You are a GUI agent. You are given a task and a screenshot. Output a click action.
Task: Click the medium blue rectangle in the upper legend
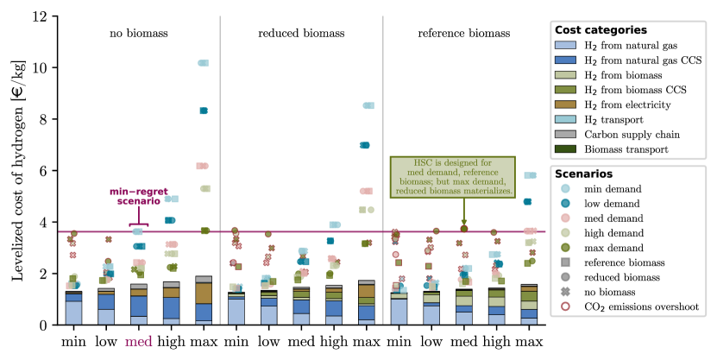pos(565,60)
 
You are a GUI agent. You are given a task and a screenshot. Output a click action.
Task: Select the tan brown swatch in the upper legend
pos(565,104)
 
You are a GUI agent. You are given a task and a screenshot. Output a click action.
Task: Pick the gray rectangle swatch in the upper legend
pos(565,134)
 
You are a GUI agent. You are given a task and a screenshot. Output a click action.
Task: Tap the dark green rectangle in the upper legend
pos(565,148)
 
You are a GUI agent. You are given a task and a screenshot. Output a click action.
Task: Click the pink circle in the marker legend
pos(565,218)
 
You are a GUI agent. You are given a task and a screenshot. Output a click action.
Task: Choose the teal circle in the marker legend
pos(565,203)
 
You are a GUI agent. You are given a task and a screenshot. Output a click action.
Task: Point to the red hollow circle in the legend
pos(565,306)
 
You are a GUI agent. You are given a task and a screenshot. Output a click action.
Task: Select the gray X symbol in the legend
pos(565,291)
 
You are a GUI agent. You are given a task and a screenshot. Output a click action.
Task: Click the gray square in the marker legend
pos(565,262)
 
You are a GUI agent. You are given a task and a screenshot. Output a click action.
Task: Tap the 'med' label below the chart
pos(138,341)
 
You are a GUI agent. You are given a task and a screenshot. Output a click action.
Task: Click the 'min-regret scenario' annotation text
pos(138,196)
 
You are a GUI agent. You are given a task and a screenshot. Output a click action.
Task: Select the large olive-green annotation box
pos(452,177)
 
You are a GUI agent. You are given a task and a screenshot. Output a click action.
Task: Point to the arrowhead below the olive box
pos(464,226)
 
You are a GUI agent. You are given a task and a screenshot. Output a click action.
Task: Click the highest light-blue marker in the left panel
pos(203,63)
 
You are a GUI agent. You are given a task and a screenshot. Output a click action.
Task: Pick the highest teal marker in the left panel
pos(204,111)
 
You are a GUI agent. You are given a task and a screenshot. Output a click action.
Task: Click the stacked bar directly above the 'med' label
pos(138,304)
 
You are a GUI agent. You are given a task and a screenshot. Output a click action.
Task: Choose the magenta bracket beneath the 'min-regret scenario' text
pos(138,224)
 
